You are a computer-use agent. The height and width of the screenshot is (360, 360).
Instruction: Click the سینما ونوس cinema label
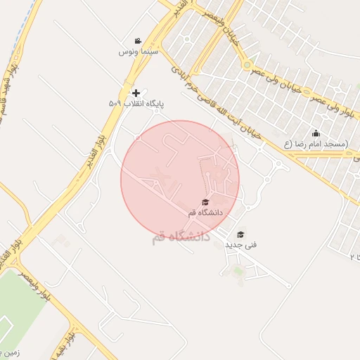pyautogui.click(x=139, y=51)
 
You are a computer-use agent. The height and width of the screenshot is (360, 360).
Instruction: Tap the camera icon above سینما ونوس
pyautogui.click(x=139, y=41)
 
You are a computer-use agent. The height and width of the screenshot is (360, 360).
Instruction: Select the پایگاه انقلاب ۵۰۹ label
pyautogui.click(x=136, y=103)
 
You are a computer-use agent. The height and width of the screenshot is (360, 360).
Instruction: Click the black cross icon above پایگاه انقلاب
pyautogui.click(x=136, y=93)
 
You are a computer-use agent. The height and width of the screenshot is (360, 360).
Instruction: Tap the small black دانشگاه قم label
pyautogui.click(x=205, y=212)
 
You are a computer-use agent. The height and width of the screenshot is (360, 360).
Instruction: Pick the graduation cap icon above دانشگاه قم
pyautogui.click(x=205, y=202)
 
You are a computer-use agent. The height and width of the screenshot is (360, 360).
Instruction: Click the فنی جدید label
pyautogui.click(x=240, y=244)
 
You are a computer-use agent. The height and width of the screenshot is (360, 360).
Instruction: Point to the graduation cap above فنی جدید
pyautogui.click(x=240, y=234)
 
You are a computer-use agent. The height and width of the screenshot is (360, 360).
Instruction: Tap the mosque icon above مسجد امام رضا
pyautogui.click(x=316, y=134)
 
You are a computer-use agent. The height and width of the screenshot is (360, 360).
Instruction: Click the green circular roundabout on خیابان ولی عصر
pyautogui.click(x=247, y=66)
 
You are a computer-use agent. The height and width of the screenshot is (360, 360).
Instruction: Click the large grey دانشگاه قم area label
pyautogui.click(x=181, y=237)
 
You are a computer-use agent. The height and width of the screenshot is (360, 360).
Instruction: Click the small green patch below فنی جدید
pyautogui.click(x=239, y=270)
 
